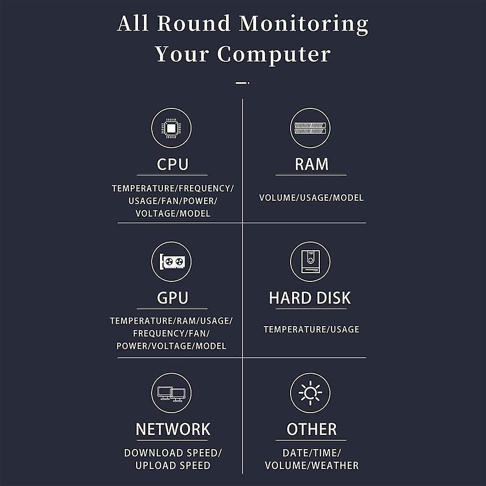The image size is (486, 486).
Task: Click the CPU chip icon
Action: [171, 128]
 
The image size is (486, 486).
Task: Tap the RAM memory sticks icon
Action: [310, 128]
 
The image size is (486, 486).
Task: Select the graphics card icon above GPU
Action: [171, 261]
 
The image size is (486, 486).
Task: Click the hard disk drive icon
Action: [310, 261]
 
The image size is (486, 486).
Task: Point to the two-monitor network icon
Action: [171, 393]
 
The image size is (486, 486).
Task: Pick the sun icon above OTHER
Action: [310, 393]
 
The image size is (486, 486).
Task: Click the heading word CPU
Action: [173, 164]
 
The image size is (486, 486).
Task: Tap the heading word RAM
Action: [312, 164]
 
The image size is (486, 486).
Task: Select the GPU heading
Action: [173, 297]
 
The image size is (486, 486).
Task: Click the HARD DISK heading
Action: [310, 298]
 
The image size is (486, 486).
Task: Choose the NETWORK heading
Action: [173, 429]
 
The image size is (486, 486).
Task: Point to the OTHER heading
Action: [312, 429]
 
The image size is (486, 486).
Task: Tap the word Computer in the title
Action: [274, 54]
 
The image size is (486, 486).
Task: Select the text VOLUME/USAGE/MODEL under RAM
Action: [311, 198]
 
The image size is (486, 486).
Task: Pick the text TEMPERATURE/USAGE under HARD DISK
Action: [311, 330]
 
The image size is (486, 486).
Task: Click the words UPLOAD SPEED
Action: [173, 465]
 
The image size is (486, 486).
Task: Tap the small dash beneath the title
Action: [242, 83]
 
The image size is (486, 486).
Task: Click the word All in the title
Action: [133, 23]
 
